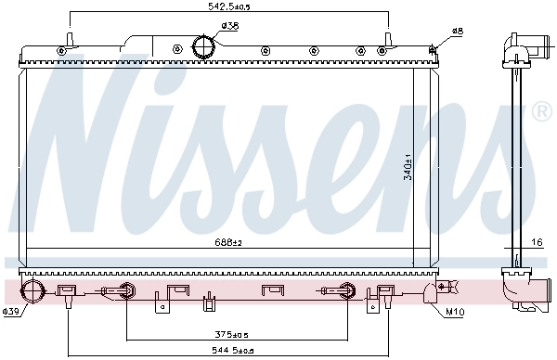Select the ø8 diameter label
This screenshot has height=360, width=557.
tap(457, 32)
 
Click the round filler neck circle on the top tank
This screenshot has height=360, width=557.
tap(203, 45)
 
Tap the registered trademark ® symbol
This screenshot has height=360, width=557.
tap(542, 113)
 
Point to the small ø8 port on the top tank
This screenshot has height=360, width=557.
tap(434, 46)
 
